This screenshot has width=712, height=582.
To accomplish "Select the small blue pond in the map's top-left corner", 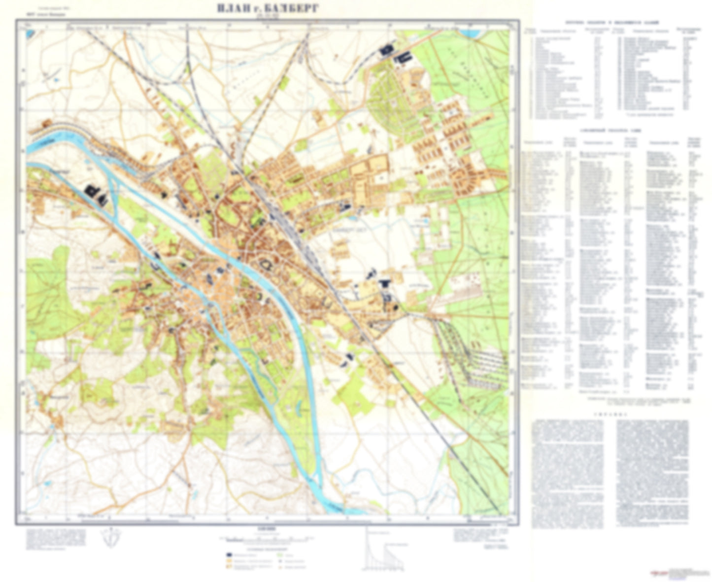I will [x=31, y=34].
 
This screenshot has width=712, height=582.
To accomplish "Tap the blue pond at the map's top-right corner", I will [x=475, y=34].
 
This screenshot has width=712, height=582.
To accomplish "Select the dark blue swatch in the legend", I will [x=230, y=555].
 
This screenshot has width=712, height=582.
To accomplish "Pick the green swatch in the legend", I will [x=280, y=555].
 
